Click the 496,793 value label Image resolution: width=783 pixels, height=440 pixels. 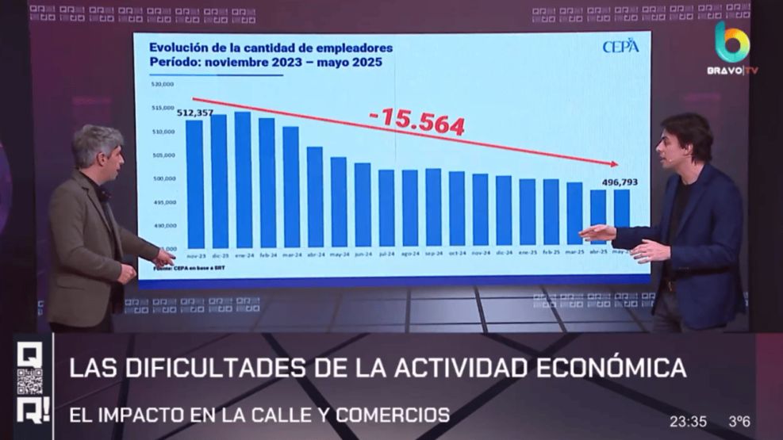[620, 182]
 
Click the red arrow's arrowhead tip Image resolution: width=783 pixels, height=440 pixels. [617, 164]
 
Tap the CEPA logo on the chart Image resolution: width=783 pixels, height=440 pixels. [620, 47]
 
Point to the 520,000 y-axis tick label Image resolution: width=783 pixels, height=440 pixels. [163, 83]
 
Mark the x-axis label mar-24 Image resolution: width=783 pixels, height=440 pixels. [291, 254]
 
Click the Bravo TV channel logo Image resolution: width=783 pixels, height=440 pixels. [731, 48]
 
